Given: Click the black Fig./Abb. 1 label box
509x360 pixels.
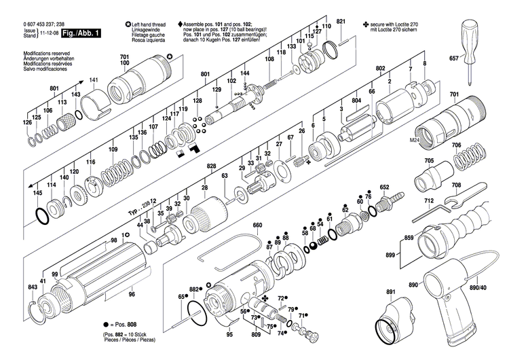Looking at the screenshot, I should coord(80,33).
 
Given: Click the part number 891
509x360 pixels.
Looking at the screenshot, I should coord(390,292).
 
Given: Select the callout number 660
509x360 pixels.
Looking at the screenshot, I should coord(257,226).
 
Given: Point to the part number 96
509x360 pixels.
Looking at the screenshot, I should coord(132,294).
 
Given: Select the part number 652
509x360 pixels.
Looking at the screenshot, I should coord(384,187).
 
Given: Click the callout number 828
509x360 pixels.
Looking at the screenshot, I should coord(211,166).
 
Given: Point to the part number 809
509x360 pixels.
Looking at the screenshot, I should coord(256,336).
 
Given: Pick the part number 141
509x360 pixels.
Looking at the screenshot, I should coord(94,81).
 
